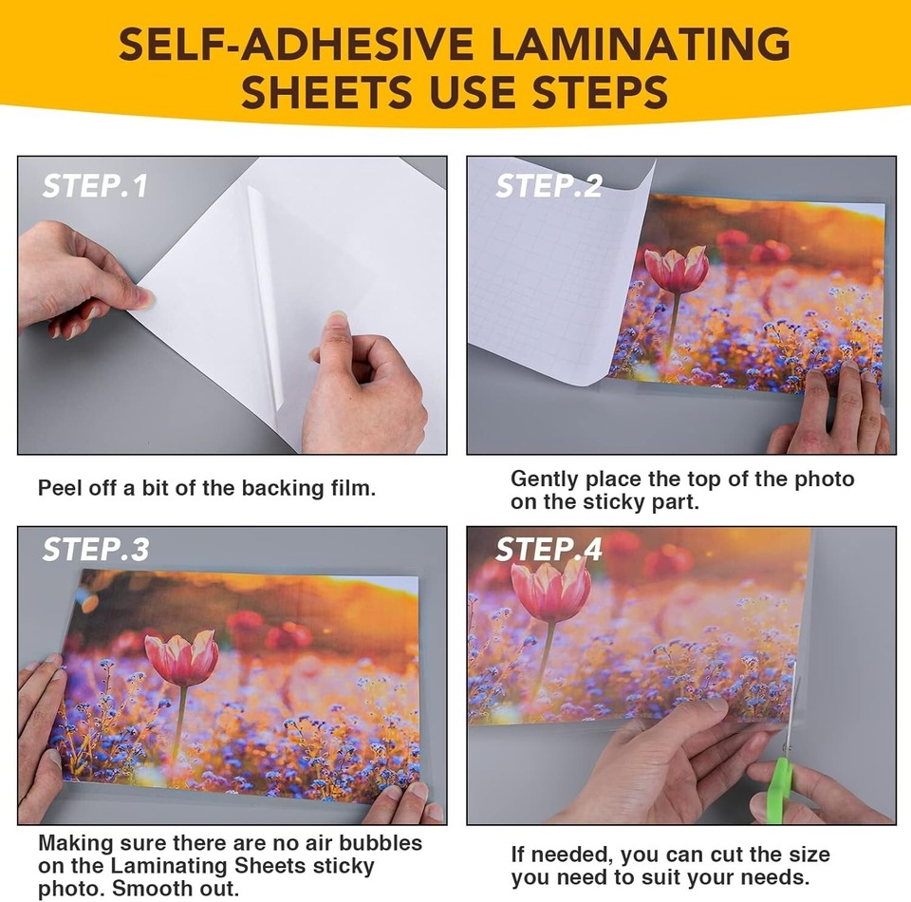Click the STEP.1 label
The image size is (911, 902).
95,185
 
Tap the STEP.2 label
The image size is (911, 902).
548,185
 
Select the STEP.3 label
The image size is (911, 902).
95,550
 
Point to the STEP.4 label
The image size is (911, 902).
548,550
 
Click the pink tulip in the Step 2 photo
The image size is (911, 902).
678,270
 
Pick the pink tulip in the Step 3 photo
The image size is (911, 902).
181,658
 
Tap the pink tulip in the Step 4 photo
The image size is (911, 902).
550,589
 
